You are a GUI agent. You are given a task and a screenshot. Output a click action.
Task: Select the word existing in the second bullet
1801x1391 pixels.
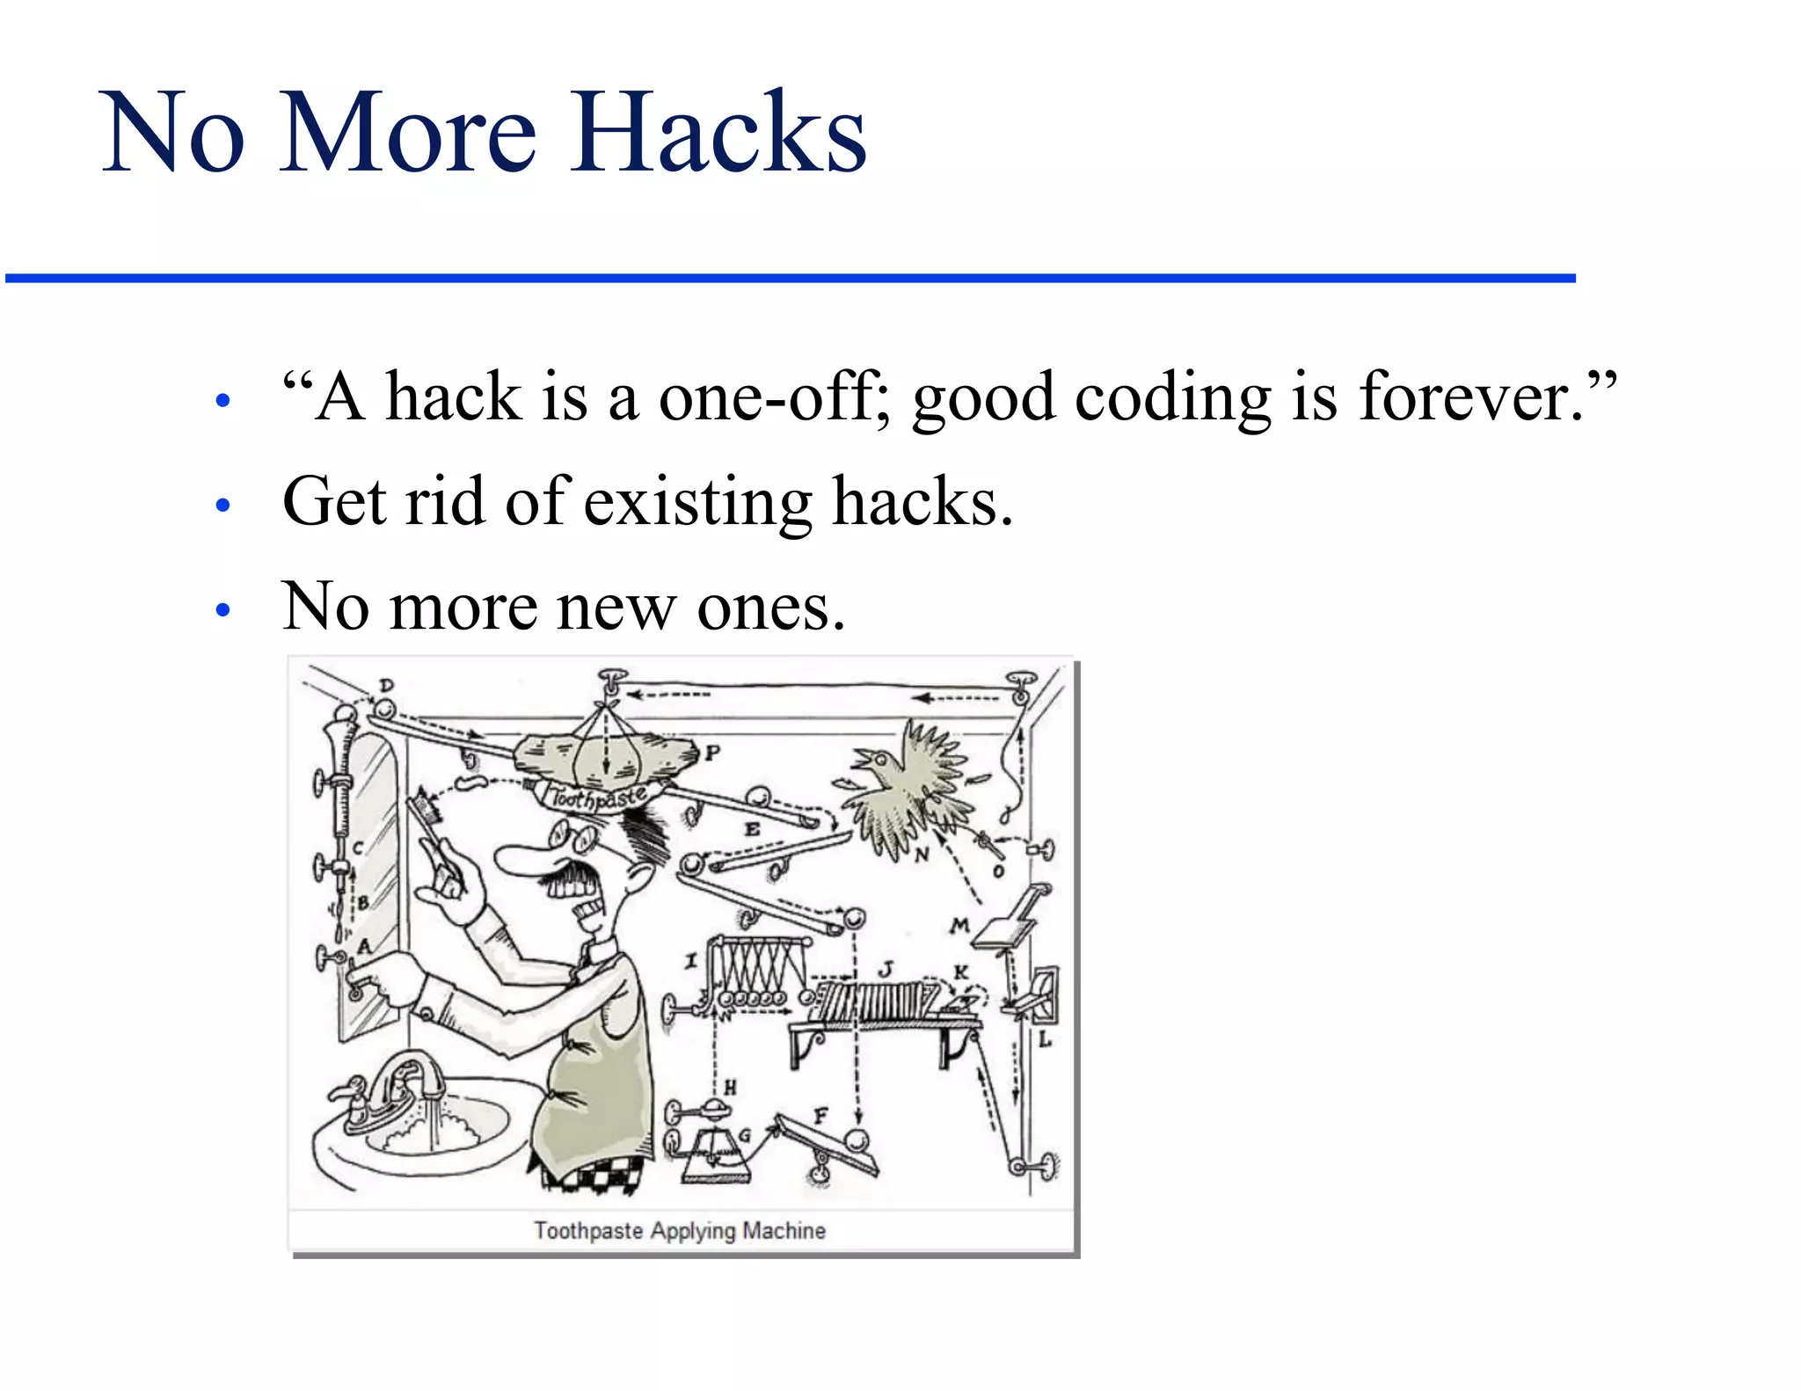tap(698, 501)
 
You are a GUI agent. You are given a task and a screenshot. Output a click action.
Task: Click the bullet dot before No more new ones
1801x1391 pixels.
tap(222, 610)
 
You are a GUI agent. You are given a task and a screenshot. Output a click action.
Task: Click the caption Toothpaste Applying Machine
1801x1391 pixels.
tap(680, 1230)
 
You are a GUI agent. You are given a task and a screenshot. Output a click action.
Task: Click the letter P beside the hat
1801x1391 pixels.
tap(712, 754)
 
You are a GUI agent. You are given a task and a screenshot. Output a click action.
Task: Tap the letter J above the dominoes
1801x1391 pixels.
tap(886, 968)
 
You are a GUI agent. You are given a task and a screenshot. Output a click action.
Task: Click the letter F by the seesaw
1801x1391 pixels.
tap(820, 1116)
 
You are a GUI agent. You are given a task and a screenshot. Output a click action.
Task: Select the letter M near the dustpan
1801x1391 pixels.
tap(959, 925)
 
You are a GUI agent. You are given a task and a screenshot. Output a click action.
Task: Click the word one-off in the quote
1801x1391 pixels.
tap(773, 397)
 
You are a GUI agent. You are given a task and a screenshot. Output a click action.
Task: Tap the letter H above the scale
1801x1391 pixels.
tap(730, 1088)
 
